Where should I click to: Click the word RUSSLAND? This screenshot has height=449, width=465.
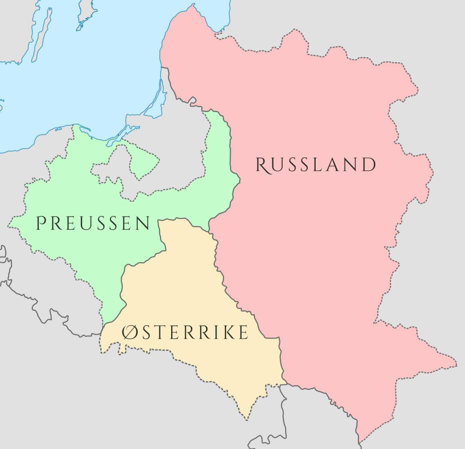click(x=316, y=165)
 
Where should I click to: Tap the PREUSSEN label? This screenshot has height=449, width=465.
click(x=93, y=223)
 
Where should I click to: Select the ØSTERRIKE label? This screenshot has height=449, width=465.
click(x=185, y=333)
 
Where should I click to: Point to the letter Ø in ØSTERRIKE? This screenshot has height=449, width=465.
click(x=129, y=333)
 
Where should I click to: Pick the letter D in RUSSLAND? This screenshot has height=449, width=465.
click(x=368, y=165)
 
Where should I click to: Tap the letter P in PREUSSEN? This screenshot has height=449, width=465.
click(x=41, y=223)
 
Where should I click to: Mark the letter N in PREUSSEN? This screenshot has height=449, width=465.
click(x=143, y=223)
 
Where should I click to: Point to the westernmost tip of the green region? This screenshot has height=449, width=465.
click(x=9, y=224)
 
